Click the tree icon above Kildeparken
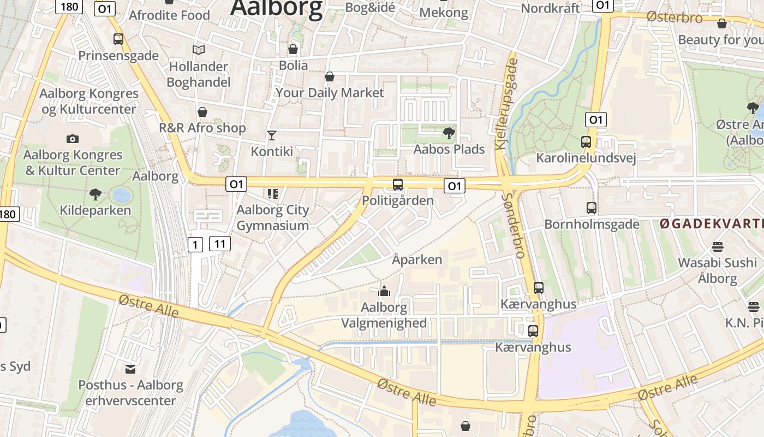pyautogui.click(x=95, y=194)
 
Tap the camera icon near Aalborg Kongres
pyautogui.click(x=72, y=139)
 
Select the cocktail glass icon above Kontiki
pyautogui.click(x=271, y=135)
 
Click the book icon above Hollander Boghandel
pyautogui.click(x=199, y=50)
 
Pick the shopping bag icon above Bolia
pyautogui.click(x=293, y=49)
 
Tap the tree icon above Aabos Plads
pyautogui.click(x=449, y=133)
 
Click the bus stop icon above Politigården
pyautogui.click(x=398, y=185)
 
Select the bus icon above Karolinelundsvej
pyautogui.click(x=586, y=142)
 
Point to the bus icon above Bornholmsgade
pyautogui.click(x=592, y=208)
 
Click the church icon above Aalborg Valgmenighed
pyautogui.click(x=384, y=291)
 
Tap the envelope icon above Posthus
pyautogui.click(x=130, y=369)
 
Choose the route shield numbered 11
pyautogui.click(x=219, y=244)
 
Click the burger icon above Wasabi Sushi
pyautogui.click(x=717, y=246)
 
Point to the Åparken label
pyautogui.click(x=417, y=259)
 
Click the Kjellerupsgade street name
pyautogui.click(x=506, y=104)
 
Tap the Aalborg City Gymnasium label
pyautogui.click(x=272, y=217)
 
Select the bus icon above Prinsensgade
pyautogui.click(x=118, y=39)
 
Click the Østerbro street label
pyautogui.click(x=675, y=17)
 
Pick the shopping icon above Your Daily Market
pyautogui.click(x=330, y=76)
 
